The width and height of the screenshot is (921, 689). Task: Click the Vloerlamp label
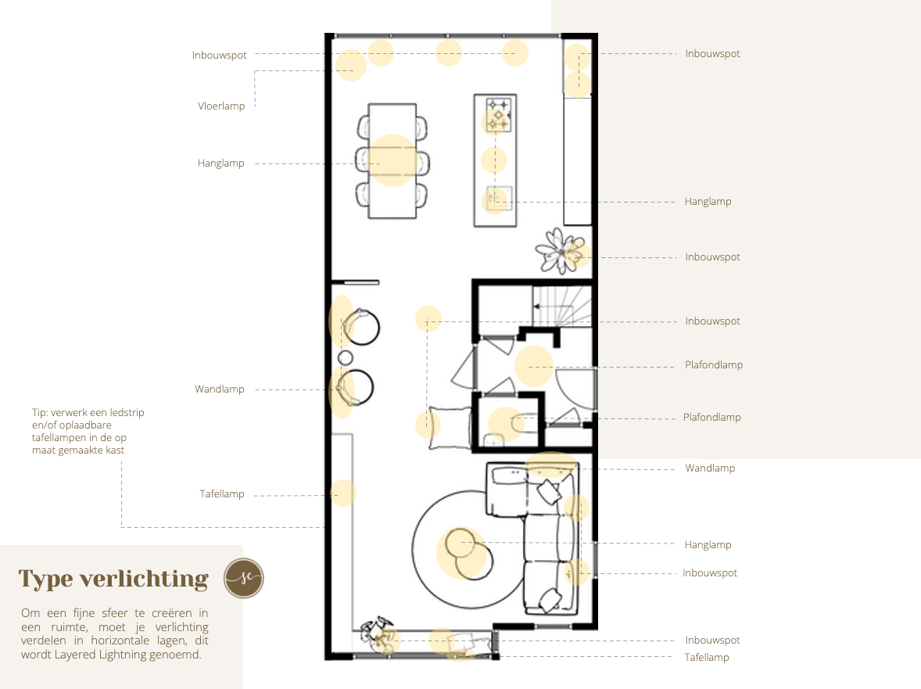[220, 106]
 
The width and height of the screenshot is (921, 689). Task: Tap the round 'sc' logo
[244, 578]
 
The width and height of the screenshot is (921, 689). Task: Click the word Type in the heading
[45, 580]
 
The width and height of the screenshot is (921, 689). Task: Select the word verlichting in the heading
[144, 580]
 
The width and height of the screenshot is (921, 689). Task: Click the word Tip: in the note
[40, 413]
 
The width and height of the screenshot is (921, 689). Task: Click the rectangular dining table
[392, 161]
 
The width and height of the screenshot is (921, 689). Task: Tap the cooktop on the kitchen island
[498, 114]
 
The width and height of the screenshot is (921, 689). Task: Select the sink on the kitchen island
[500, 199]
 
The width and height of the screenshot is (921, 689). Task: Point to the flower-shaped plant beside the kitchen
[561, 251]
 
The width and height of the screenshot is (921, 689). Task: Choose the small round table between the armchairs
[346, 357]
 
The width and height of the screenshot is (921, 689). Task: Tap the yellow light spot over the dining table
[392, 160]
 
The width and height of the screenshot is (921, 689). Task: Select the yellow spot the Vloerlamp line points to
[351, 65]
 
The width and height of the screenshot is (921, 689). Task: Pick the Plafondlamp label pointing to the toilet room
[712, 417]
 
